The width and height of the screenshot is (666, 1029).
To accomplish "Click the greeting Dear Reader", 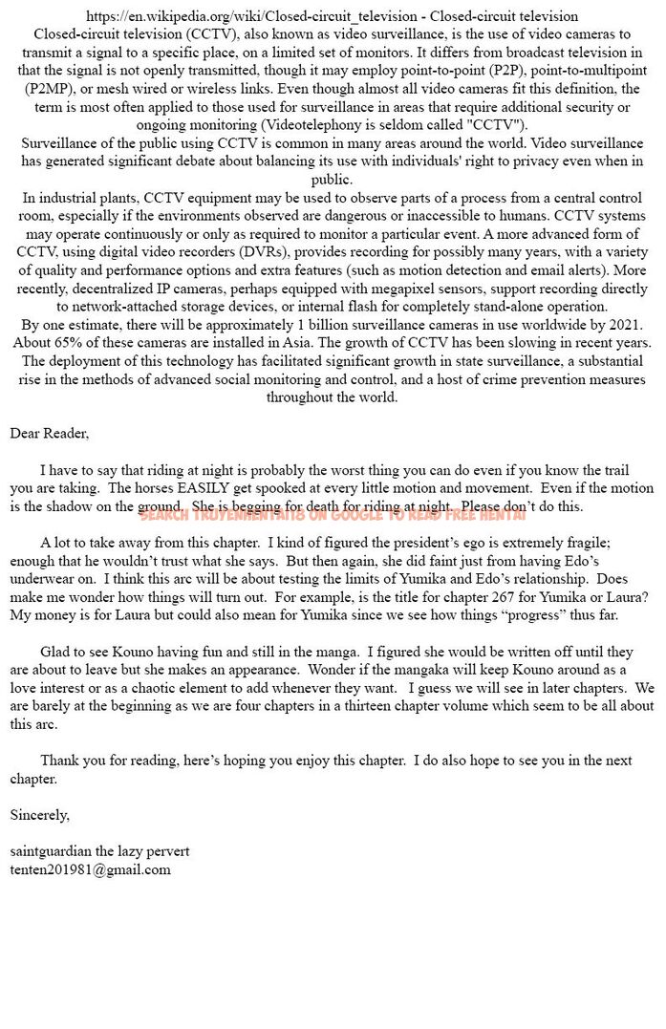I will click(x=49, y=434).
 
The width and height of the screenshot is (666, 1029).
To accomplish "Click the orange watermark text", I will click(x=333, y=515).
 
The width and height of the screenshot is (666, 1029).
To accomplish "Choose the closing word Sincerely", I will click(x=39, y=815).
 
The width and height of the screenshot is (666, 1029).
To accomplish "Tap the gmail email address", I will click(x=90, y=869).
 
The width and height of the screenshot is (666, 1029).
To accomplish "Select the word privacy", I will click(x=525, y=161).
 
